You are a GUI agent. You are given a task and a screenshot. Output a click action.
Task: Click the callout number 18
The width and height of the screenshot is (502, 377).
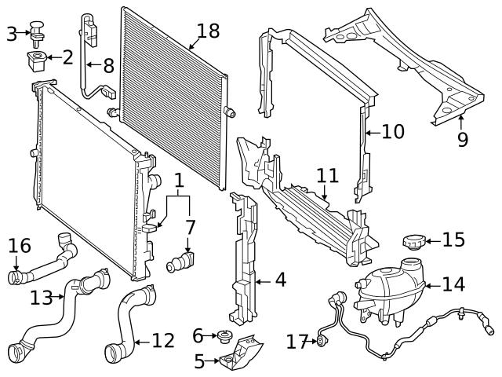(209, 31)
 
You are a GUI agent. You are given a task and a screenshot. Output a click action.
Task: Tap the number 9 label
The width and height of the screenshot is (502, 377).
(462, 140)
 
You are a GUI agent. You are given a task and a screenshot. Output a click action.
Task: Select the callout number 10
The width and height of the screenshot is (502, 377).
(393, 131)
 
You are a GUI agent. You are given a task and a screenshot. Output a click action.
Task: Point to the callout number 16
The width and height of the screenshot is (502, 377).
(20, 247)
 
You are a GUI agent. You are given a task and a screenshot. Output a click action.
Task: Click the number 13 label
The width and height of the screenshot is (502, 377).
(42, 297)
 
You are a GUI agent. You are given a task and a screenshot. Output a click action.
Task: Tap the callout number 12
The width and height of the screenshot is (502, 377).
(163, 341)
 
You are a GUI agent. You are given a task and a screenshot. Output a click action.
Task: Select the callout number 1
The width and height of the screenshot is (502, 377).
(180, 180)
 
